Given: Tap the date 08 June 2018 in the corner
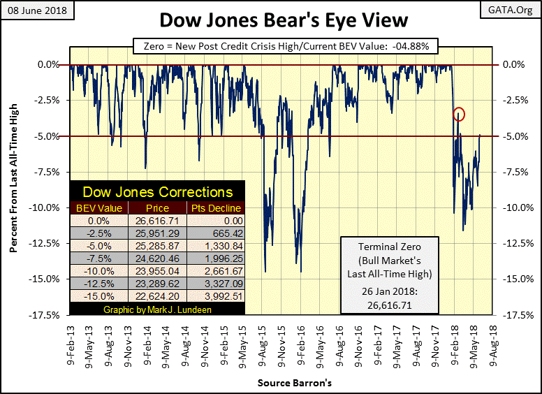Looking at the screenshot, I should (x=35, y=11).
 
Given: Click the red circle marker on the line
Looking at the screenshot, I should (x=459, y=114).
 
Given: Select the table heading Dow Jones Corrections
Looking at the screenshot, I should (x=158, y=191).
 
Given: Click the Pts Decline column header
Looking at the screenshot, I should (x=216, y=207).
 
